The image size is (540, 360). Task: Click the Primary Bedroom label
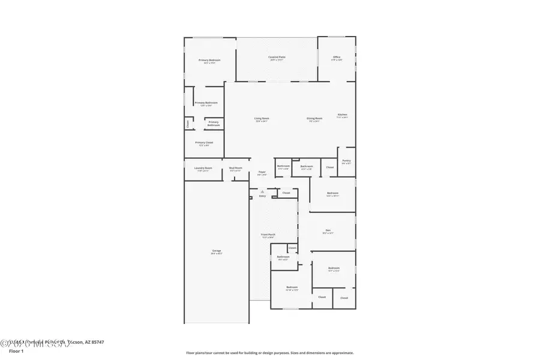210,61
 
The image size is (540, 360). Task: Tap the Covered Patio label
277,58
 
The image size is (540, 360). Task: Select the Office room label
337,58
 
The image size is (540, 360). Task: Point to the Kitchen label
342,115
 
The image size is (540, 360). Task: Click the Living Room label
262,119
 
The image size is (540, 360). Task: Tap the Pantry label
346,161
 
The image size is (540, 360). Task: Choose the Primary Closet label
204,143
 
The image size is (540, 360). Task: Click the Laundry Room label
203,168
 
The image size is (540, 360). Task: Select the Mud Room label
236,168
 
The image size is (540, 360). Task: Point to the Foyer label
262,172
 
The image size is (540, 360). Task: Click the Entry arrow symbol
262,191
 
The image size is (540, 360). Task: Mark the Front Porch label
268,235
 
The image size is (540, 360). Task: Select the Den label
328,230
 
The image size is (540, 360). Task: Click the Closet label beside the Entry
286,193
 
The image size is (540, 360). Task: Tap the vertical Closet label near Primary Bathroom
188,124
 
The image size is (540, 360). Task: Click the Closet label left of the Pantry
329,167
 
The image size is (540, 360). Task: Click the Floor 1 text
16,359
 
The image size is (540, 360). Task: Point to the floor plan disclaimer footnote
269,353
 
